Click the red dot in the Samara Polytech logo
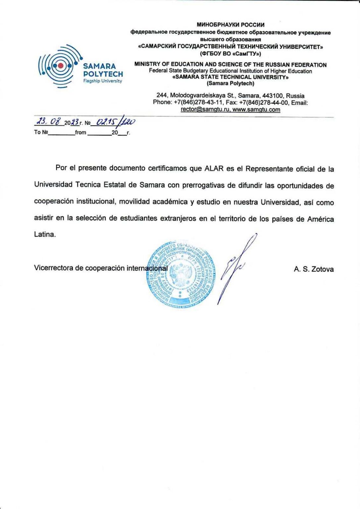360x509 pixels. (60, 66)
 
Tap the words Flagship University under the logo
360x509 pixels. (103, 81)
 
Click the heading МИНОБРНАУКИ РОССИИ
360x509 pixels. (231, 25)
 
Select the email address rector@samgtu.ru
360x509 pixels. (205, 110)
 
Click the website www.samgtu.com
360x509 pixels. (256, 110)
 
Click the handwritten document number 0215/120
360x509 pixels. (113, 123)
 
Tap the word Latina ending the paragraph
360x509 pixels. (45, 234)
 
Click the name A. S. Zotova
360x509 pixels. (314, 269)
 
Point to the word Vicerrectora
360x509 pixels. (54, 268)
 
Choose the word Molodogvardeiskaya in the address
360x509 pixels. (194, 96)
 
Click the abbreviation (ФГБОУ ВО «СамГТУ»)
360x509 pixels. (231, 54)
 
